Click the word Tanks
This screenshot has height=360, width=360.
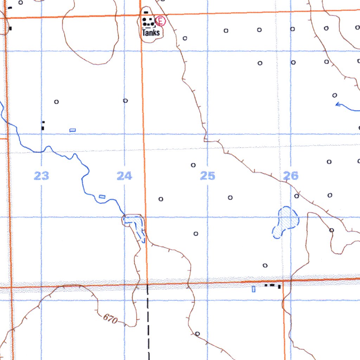tap(151, 33)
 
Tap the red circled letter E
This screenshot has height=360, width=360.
tap(161, 21)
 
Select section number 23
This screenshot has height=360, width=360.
tap(41, 175)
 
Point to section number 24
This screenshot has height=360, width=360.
tap(124, 175)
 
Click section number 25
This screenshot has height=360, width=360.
tap(207, 175)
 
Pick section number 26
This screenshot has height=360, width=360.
tap(291, 175)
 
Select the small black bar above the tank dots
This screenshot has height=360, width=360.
tap(146, 12)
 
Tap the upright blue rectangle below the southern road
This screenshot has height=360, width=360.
tap(253, 289)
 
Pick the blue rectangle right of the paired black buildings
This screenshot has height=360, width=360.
tap(72, 130)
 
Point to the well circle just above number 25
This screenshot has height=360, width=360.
tap(193, 165)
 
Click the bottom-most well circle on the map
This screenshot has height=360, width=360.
tap(197, 333)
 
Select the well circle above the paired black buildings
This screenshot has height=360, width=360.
tap(56, 102)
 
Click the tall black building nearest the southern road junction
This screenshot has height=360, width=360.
tap(279, 287)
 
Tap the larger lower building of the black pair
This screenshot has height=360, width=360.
tap(43, 128)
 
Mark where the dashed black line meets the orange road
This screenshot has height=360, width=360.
tap(147, 284)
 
